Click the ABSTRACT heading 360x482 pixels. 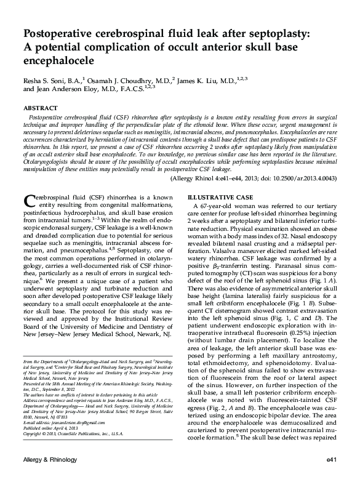tap(40, 107)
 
